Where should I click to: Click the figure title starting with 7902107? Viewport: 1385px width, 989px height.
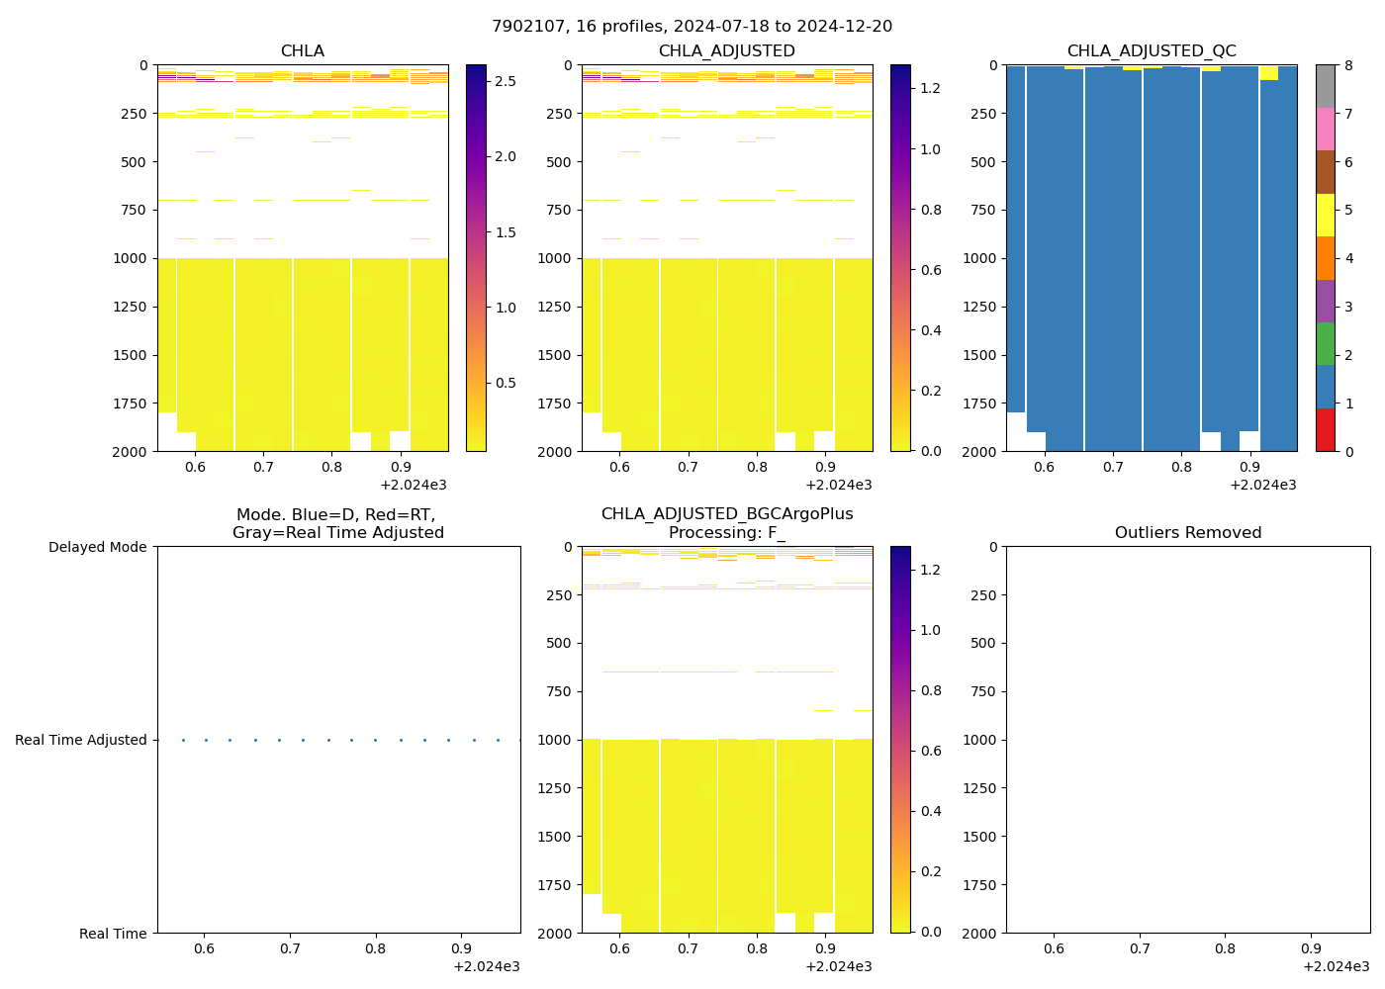(692, 26)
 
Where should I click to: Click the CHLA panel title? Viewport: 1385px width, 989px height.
(302, 50)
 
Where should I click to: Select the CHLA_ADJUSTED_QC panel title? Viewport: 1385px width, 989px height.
(1151, 50)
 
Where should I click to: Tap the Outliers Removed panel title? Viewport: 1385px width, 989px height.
(1187, 532)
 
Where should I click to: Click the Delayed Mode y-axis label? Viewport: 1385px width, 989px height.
(97, 547)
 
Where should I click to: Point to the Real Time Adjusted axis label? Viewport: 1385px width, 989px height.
(80, 740)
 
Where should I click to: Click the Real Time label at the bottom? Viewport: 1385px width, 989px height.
(113, 934)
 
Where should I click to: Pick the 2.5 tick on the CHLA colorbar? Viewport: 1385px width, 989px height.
(505, 81)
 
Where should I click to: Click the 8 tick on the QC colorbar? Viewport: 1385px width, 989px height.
(1347, 65)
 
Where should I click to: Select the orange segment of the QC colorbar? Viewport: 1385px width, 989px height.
(1325, 258)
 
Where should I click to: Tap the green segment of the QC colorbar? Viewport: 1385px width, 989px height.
(1325, 343)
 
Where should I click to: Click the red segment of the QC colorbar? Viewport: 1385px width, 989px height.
(1325, 429)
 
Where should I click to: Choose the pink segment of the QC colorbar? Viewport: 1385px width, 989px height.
(1325, 129)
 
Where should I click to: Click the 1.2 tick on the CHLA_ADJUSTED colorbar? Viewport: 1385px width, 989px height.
(930, 88)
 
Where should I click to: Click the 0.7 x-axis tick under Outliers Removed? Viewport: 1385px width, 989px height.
(1140, 948)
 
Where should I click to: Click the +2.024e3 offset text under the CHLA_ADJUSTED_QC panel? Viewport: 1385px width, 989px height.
(1262, 485)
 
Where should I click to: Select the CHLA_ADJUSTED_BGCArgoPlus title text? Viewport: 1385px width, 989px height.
(726, 514)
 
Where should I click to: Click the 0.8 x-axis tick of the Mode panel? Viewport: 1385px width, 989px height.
(375, 948)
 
